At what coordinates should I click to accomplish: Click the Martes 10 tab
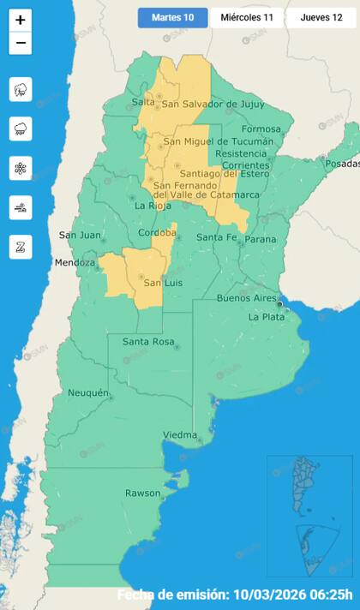tap(172, 18)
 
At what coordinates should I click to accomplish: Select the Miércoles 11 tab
tap(247, 18)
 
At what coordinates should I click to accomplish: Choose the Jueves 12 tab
tap(321, 18)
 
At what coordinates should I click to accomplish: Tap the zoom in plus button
tap(21, 20)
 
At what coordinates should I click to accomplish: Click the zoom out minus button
tap(21, 43)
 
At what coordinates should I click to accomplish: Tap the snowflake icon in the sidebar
tap(21, 168)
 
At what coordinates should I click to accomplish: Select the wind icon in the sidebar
tap(21, 207)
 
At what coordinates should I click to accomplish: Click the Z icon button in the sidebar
tap(21, 247)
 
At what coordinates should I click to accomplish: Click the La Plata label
tap(266, 317)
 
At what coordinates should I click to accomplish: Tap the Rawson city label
tap(142, 493)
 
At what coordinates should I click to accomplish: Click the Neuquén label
tap(88, 393)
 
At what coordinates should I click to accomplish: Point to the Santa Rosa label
tap(149, 342)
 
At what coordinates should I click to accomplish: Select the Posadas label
tap(343, 164)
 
